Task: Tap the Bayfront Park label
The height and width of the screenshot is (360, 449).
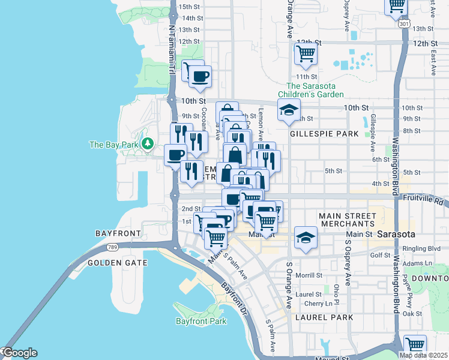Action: [x=201, y=321]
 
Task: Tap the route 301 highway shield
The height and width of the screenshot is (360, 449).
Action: [x=400, y=21]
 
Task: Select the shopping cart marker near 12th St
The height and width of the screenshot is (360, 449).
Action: [x=306, y=54]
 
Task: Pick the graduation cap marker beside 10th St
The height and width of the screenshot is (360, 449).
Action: [x=289, y=110]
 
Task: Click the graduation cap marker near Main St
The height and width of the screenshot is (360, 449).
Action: [x=306, y=238]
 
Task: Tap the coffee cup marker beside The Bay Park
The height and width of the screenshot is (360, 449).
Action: [x=175, y=155]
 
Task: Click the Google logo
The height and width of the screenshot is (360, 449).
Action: [x=19, y=353]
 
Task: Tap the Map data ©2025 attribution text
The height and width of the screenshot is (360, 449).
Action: [x=423, y=355]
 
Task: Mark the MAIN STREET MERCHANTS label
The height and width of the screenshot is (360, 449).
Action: [x=346, y=220]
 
